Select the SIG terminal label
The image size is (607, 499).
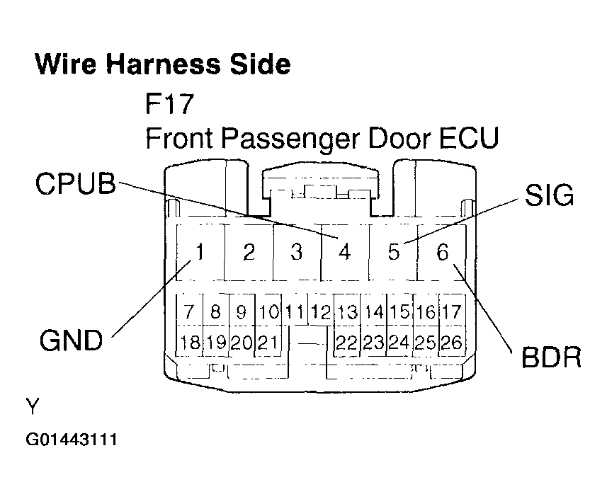[549, 195]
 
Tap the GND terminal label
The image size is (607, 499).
[72, 340]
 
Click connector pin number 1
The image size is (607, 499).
[200, 251]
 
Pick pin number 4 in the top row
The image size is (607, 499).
[344, 252]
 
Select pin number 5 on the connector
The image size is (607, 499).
[394, 252]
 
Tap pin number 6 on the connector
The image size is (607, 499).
[443, 252]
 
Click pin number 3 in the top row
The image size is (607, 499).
[297, 252]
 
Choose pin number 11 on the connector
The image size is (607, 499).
[295, 311]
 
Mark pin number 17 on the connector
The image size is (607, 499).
[451, 311]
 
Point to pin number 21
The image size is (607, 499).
[268, 343]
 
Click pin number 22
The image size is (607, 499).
[346, 343]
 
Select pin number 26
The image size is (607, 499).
[451, 343]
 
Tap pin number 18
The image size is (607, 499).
[190, 343]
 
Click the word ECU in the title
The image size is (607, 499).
[469, 138]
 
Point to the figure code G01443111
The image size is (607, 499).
[72, 440]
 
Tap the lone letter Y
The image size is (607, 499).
[33, 406]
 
